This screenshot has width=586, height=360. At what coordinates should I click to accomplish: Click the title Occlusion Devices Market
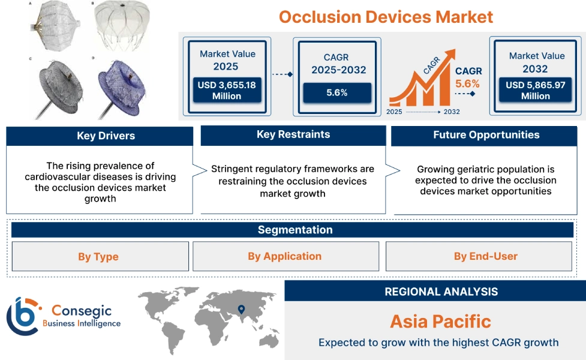386,16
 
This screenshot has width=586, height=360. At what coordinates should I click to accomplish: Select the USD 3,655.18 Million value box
227,91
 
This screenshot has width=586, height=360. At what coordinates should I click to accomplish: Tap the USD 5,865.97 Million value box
536,91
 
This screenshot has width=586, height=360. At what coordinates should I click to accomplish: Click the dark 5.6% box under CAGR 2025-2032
336,93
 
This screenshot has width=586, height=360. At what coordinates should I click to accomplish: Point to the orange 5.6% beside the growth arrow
468,83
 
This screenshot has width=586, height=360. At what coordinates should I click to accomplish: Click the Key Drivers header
100,136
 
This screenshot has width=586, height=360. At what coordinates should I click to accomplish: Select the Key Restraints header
293,134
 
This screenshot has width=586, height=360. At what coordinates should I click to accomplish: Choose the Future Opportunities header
486,135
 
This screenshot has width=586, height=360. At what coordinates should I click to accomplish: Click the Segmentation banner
294,230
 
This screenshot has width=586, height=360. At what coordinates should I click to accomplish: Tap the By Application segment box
284,256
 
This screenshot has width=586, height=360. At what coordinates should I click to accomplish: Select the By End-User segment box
485,256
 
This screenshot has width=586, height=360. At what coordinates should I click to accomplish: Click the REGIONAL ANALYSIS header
441,292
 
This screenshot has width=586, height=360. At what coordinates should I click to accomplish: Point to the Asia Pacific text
440,321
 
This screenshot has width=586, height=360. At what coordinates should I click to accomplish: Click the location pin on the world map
241,310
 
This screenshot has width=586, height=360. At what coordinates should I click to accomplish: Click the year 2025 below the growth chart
395,112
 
